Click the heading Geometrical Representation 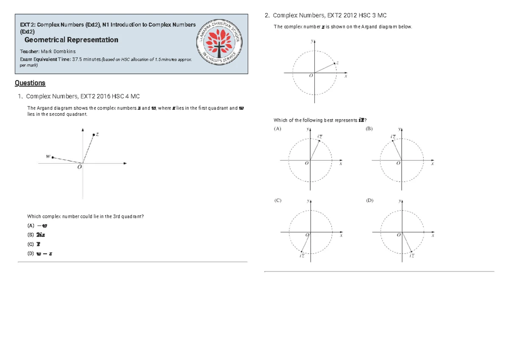71,40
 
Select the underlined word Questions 30,83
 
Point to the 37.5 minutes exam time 87,59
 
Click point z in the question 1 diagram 94,135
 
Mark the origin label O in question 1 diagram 79,167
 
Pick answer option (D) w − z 40,254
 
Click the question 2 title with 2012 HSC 329,16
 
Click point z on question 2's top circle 335,64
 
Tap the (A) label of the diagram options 278,128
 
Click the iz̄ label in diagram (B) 393,137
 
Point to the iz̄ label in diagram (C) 301,256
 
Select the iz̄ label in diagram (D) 412,256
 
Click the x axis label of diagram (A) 340,164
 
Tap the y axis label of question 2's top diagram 312,42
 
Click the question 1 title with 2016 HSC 83,96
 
